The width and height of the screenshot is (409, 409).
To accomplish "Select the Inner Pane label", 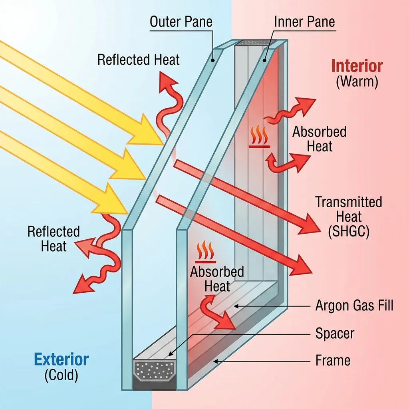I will pyautogui.click(x=304, y=22).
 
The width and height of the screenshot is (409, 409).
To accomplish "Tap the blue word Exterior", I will pyautogui.click(x=61, y=360).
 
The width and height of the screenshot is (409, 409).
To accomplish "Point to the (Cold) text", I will pyautogui.click(x=61, y=375).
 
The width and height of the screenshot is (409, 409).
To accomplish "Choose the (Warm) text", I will pyautogui.click(x=357, y=82).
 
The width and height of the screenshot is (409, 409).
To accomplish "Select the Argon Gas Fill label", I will pyautogui.click(x=354, y=306).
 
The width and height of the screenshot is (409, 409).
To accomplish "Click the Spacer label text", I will pyautogui.click(x=335, y=333).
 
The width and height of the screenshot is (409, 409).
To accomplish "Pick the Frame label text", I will pyautogui.click(x=333, y=361).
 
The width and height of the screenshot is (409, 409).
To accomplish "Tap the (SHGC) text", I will pyautogui.click(x=348, y=232).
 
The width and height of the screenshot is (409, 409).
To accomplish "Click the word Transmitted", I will pyautogui.click(x=348, y=202).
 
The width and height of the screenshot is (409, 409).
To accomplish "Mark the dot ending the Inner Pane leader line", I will pyautogui.click(x=265, y=61).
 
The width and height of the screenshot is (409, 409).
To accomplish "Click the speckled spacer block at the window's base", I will pyautogui.click(x=154, y=371).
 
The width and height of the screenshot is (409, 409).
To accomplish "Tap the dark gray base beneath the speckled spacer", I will pyautogui.click(x=154, y=385).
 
